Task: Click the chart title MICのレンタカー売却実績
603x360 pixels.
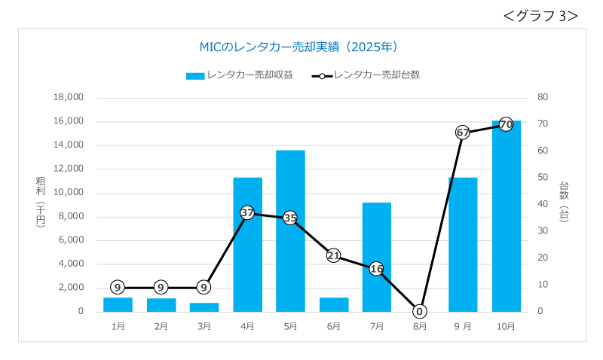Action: tap(298, 47)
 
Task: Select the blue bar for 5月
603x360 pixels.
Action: tap(290, 230)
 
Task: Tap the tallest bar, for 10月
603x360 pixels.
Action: tap(506, 218)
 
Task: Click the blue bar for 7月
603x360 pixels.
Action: tap(377, 257)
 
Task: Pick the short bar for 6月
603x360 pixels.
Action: tap(334, 304)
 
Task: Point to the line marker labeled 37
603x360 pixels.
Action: tap(247, 212)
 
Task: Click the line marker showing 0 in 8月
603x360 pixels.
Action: tap(420, 311)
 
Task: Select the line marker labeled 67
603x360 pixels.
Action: tap(463, 133)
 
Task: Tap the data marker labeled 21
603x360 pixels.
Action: tap(334, 255)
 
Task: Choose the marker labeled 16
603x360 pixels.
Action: tap(377, 269)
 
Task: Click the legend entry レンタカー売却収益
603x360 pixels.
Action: tap(240, 75)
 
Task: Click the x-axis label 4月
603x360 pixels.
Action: tap(247, 326)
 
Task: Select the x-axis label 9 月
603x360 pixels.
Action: tap(463, 326)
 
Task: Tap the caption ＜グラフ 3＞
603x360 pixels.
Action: tap(540, 15)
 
